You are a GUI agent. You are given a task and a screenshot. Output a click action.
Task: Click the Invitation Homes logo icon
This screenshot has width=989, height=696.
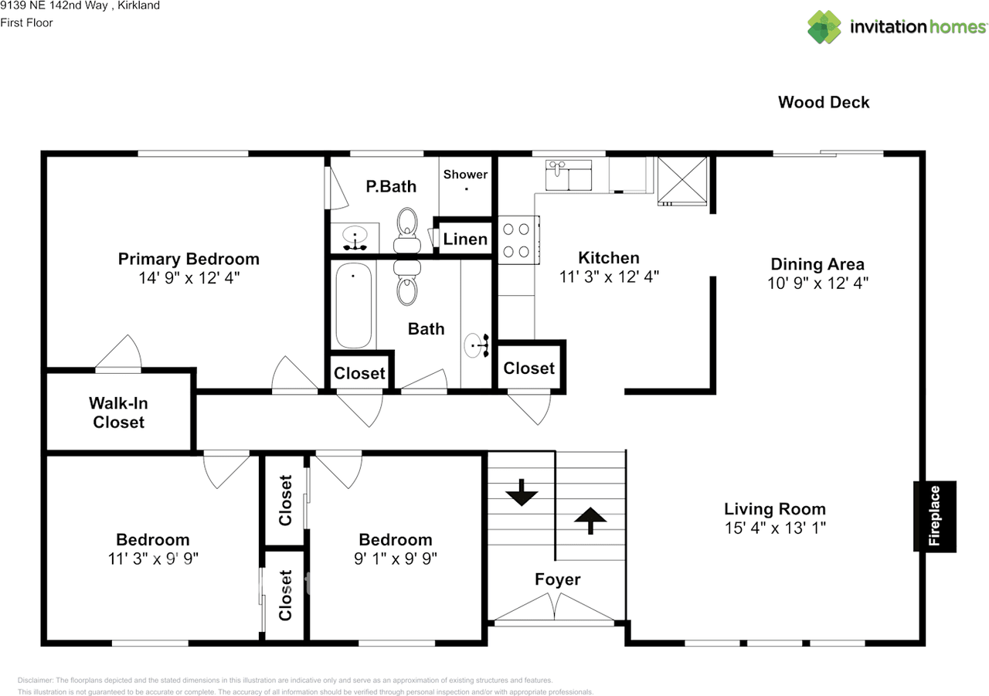pyautogui.click(x=824, y=27)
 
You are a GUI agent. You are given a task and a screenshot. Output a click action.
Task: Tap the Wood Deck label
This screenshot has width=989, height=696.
pyautogui.click(x=824, y=102)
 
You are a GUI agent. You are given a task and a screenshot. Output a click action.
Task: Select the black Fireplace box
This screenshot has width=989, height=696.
pyautogui.click(x=935, y=516)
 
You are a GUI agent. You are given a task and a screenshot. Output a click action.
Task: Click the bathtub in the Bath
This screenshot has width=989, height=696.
pyautogui.click(x=353, y=305)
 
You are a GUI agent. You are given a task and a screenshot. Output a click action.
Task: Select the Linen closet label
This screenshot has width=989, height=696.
pyautogui.click(x=465, y=239)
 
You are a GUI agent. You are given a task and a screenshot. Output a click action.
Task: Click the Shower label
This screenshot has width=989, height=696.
pyautogui.click(x=465, y=175)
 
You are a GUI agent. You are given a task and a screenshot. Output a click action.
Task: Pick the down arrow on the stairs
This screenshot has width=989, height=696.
pyautogui.click(x=522, y=492)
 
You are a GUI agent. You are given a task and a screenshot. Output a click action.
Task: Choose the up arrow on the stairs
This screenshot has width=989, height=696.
pyautogui.click(x=590, y=520)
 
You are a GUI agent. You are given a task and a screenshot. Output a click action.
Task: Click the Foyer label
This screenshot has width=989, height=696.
pyautogui.click(x=557, y=579)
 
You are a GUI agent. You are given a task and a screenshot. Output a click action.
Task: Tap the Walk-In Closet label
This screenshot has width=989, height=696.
pyautogui.click(x=118, y=413)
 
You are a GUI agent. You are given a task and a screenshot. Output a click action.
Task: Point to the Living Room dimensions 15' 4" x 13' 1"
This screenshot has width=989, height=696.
pyautogui.click(x=774, y=528)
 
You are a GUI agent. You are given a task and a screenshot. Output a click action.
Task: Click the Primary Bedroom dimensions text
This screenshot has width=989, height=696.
pyautogui.click(x=189, y=278)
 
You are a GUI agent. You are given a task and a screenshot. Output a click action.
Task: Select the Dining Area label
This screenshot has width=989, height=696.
pyautogui.click(x=817, y=264)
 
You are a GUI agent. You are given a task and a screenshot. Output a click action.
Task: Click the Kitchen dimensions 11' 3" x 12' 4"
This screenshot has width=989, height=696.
pyautogui.click(x=609, y=277)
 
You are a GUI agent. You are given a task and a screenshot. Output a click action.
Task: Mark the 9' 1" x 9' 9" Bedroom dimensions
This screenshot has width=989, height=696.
pyautogui.click(x=395, y=558)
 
